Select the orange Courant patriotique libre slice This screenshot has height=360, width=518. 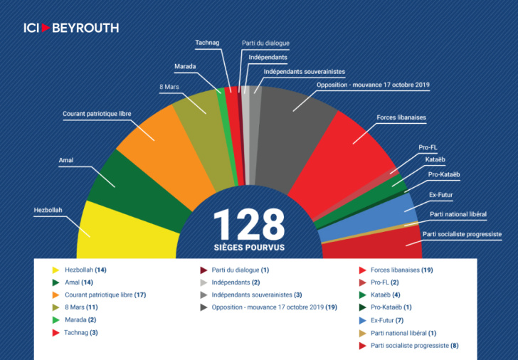pos(165,155)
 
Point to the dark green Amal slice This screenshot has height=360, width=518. pos(139,191)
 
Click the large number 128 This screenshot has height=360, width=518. pos(249,225)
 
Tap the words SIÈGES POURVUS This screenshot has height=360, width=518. pos(249,248)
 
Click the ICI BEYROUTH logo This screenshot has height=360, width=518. pos(71,28)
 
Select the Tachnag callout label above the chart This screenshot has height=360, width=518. pos(207,43)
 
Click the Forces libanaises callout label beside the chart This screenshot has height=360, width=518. pos(401,117)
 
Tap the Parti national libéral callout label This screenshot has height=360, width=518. pos(458,214)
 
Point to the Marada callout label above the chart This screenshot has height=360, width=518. pos(185,66)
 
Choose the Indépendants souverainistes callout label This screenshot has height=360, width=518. pos(305,72)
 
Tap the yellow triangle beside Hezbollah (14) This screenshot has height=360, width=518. pos(55,270)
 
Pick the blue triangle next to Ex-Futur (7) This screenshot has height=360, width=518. pos(362,320)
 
